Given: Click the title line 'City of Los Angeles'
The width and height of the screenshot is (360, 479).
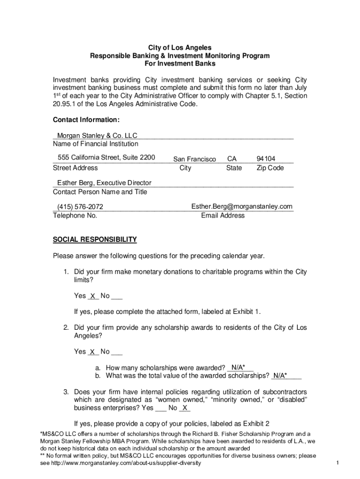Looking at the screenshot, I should point(180,48).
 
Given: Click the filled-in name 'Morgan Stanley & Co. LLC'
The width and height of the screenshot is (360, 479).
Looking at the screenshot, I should point(97,136).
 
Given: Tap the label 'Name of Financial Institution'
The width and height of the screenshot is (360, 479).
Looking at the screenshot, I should point(95,144).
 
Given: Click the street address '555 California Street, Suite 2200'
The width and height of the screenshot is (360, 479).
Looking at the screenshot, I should point(106,157).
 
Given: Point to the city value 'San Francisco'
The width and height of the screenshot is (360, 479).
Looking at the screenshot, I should point(194,159).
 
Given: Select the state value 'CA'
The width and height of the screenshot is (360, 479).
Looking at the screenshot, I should point(231,159).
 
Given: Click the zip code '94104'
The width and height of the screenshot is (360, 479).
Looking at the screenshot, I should point(266,159).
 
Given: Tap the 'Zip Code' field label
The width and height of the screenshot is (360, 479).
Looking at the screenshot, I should point(270,167).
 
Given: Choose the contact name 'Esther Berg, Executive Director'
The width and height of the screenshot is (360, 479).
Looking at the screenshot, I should point(104,183).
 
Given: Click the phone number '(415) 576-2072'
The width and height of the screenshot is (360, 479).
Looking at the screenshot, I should point(80,207).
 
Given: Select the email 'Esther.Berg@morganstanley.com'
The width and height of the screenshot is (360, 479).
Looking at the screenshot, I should point(242,206).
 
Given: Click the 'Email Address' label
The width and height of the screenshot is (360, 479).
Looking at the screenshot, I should point(223,215).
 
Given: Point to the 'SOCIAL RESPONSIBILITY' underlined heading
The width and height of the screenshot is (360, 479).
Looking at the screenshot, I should point(95,239).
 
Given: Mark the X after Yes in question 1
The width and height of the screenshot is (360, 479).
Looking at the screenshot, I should point(93,296).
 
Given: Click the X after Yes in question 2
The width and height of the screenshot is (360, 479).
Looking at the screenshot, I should point(93,352).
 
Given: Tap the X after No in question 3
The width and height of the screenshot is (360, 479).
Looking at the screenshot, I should point(185,408).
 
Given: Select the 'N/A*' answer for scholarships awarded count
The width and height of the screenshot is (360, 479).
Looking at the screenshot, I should point(239,367).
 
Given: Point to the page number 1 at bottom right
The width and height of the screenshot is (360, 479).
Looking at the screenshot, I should point(337,463).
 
